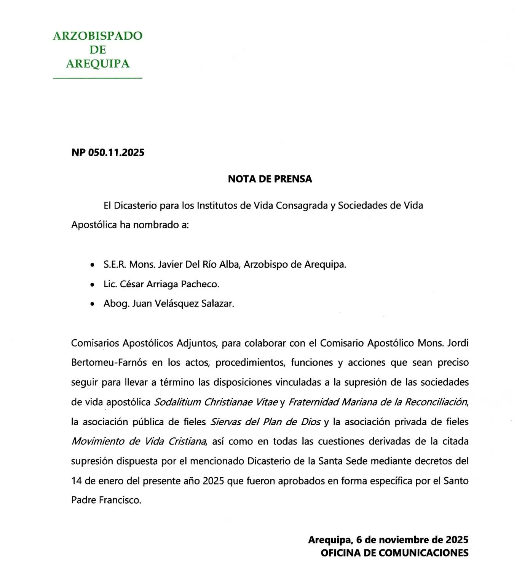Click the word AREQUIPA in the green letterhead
[x=97, y=63]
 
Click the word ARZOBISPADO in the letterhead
[x=97, y=35]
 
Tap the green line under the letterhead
[x=97, y=78]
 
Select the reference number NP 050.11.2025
[x=108, y=152]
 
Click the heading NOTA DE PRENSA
[x=270, y=179]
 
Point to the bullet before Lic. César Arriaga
[x=92, y=285]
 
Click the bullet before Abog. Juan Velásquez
[x=92, y=304]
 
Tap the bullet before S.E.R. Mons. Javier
[x=92, y=265]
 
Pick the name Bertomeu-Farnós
[x=109, y=363]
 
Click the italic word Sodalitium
[x=177, y=402]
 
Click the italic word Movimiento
[x=98, y=441]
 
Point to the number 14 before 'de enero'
[x=77, y=481]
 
